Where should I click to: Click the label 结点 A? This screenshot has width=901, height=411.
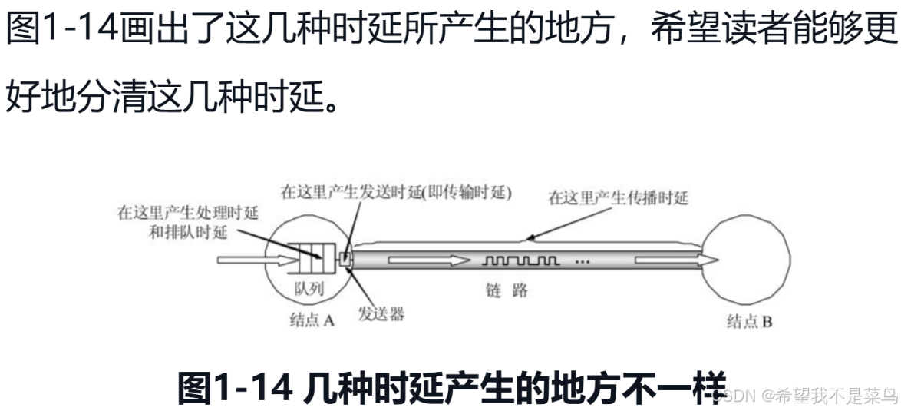coord(312,321)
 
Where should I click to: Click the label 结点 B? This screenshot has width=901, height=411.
coord(749,322)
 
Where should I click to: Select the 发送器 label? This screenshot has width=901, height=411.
coord(381,314)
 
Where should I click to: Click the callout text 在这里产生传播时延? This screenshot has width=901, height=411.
coord(618,198)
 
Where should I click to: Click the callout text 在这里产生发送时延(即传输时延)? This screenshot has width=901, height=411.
coord(396,193)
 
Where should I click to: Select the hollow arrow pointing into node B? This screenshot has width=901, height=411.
coord(675,261)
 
